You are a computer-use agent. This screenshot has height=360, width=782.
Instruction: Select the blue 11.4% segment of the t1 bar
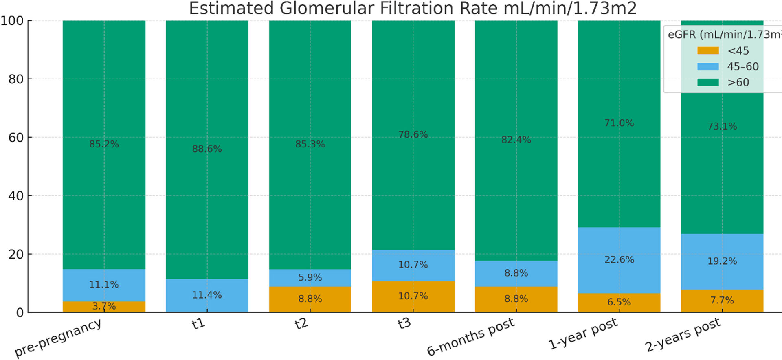(207, 295)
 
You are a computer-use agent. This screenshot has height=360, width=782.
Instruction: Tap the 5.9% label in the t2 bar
(310, 277)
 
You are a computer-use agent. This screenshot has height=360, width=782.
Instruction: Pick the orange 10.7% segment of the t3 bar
(413, 296)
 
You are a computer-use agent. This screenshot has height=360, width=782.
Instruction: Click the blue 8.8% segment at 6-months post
(516, 273)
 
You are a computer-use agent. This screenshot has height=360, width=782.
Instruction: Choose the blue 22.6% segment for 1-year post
(619, 260)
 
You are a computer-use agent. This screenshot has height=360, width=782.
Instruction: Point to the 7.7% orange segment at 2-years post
(722, 301)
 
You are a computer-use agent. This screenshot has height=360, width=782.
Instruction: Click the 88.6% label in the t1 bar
(207, 149)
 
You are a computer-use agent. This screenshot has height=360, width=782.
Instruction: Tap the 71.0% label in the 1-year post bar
(619, 123)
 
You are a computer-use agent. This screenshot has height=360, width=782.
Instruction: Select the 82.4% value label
(516, 140)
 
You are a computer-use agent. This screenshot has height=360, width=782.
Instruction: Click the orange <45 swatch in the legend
(708, 50)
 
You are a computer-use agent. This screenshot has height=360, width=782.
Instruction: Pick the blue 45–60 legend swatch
(708, 66)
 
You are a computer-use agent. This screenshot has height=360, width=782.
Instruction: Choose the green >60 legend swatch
(708, 82)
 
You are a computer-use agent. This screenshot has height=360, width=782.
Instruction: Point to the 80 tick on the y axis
(16, 79)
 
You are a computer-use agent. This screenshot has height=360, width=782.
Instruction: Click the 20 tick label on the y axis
(16, 254)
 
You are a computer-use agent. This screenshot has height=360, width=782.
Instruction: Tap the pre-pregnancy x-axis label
(58, 338)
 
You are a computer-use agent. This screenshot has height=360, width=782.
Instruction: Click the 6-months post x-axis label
(471, 337)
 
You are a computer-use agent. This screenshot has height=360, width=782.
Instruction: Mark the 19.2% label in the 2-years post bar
(722, 261)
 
